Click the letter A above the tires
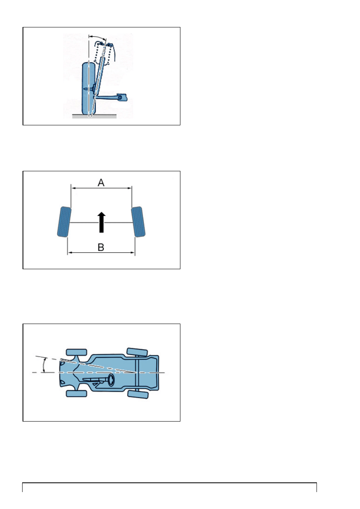pyautogui.click(x=101, y=183)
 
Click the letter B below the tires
pyautogui.click(x=101, y=247)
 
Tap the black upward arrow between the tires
pyautogui.click(x=101, y=222)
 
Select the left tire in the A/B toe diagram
pyautogui.click(x=64, y=222)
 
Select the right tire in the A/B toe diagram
pyautogui.click(x=138, y=222)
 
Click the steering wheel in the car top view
pyautogui.click(x=111, y=380)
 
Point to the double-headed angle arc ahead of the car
pyautogui.click(x=44, y=365)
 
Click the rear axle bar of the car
pyautogui.click(x=137, y=373)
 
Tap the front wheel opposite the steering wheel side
pyautogui.click(x=77, y=352)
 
